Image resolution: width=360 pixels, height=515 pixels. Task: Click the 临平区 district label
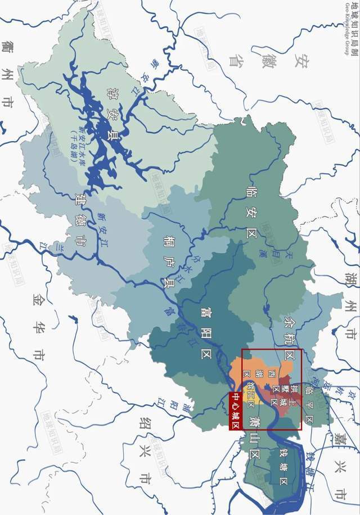(308, 403)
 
